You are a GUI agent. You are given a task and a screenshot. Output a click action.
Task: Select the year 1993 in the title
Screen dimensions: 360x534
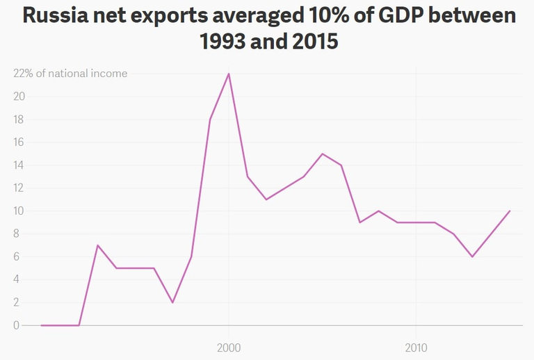click(227, 42)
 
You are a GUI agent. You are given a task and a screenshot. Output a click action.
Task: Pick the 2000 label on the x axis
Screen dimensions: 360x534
click(228, 346)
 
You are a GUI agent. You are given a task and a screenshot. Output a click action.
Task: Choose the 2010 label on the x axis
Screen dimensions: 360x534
click(416, 346)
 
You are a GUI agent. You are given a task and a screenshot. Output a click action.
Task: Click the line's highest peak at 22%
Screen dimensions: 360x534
click(229, 74)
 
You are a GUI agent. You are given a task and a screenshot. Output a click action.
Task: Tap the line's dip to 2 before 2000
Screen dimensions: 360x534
click(172, 302)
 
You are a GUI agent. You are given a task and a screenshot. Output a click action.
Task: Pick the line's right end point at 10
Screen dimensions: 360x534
click(510, 211)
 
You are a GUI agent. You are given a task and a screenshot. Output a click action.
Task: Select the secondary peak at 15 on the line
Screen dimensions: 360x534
click(323, 154)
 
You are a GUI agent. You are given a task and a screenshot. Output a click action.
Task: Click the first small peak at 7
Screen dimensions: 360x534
click(98, 245)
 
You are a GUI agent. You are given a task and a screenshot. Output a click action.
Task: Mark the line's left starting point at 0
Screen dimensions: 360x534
click(42, 325)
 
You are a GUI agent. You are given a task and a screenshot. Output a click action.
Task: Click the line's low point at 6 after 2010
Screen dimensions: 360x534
click(472, 256)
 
